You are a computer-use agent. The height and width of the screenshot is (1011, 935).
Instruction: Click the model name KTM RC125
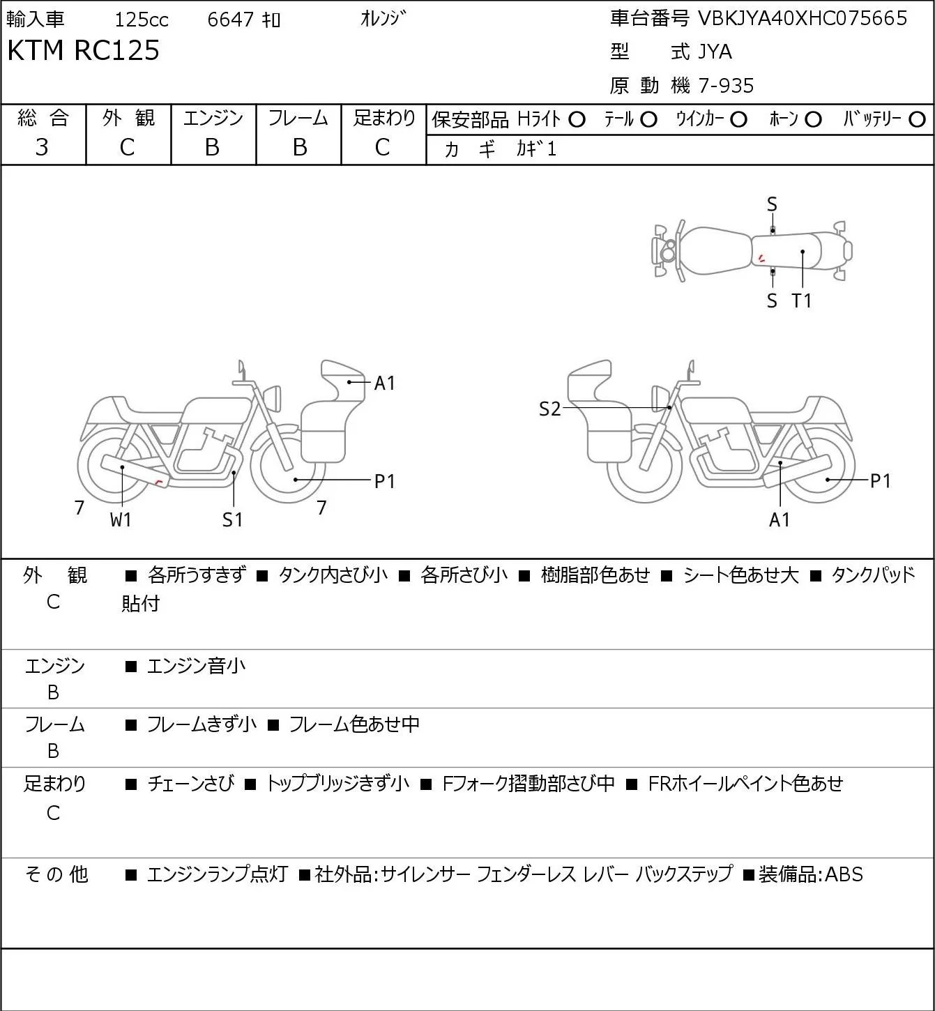[x=84, y=50]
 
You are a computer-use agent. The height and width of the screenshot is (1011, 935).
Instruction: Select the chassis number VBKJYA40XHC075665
[x=803, y=18]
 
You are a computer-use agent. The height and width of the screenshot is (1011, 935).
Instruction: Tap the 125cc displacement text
[x=142, y=20]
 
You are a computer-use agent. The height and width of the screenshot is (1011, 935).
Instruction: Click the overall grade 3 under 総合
[x=42, y=148]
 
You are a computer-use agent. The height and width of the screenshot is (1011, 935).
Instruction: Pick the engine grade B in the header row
[x=212, y=148]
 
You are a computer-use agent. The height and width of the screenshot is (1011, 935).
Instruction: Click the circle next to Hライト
[x=577, y=120]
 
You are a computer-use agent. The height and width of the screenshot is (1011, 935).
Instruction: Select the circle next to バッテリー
[x=917, y=120]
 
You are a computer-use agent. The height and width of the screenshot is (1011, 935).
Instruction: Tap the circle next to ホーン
[x=813, y=120]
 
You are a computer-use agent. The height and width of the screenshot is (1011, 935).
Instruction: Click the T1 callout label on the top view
[x=802, y=301]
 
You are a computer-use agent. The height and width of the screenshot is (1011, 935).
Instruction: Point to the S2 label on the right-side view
[x=550, y=409]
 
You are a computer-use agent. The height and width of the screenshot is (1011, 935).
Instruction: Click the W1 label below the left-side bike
[x=121, y=519]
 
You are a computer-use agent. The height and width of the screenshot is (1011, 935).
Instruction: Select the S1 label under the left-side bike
[x=233, y=519]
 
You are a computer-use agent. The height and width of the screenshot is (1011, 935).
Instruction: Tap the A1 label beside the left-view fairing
[x=385, y=383]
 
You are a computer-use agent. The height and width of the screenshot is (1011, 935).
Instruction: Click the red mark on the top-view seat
[x=761, y=259]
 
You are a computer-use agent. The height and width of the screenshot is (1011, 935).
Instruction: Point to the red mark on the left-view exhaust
[x=160, y=482]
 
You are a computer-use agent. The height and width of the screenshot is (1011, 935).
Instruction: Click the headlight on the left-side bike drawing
[x=273, y=397]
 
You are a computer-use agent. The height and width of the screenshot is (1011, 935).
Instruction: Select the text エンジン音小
[x=196, y=666]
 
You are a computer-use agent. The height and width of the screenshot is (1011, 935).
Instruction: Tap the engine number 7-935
[x=727, y=86]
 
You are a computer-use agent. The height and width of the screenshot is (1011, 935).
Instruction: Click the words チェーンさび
[x=191, y=784]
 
